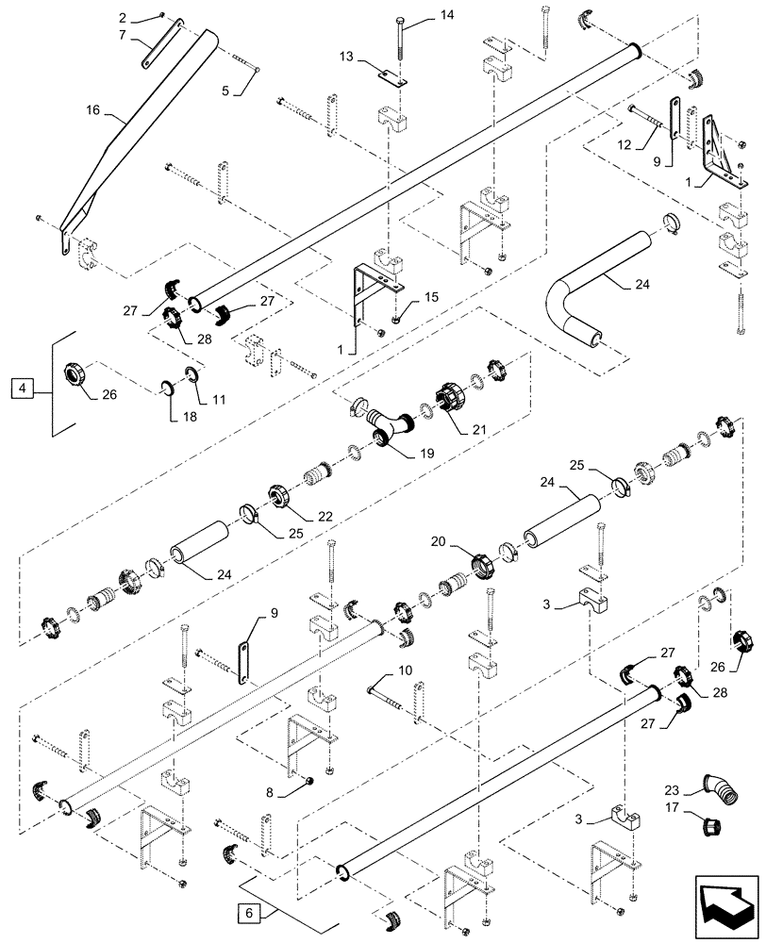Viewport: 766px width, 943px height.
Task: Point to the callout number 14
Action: click(447, 14)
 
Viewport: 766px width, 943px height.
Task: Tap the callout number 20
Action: click(439, 542)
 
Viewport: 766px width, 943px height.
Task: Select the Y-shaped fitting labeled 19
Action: click(387, 422)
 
